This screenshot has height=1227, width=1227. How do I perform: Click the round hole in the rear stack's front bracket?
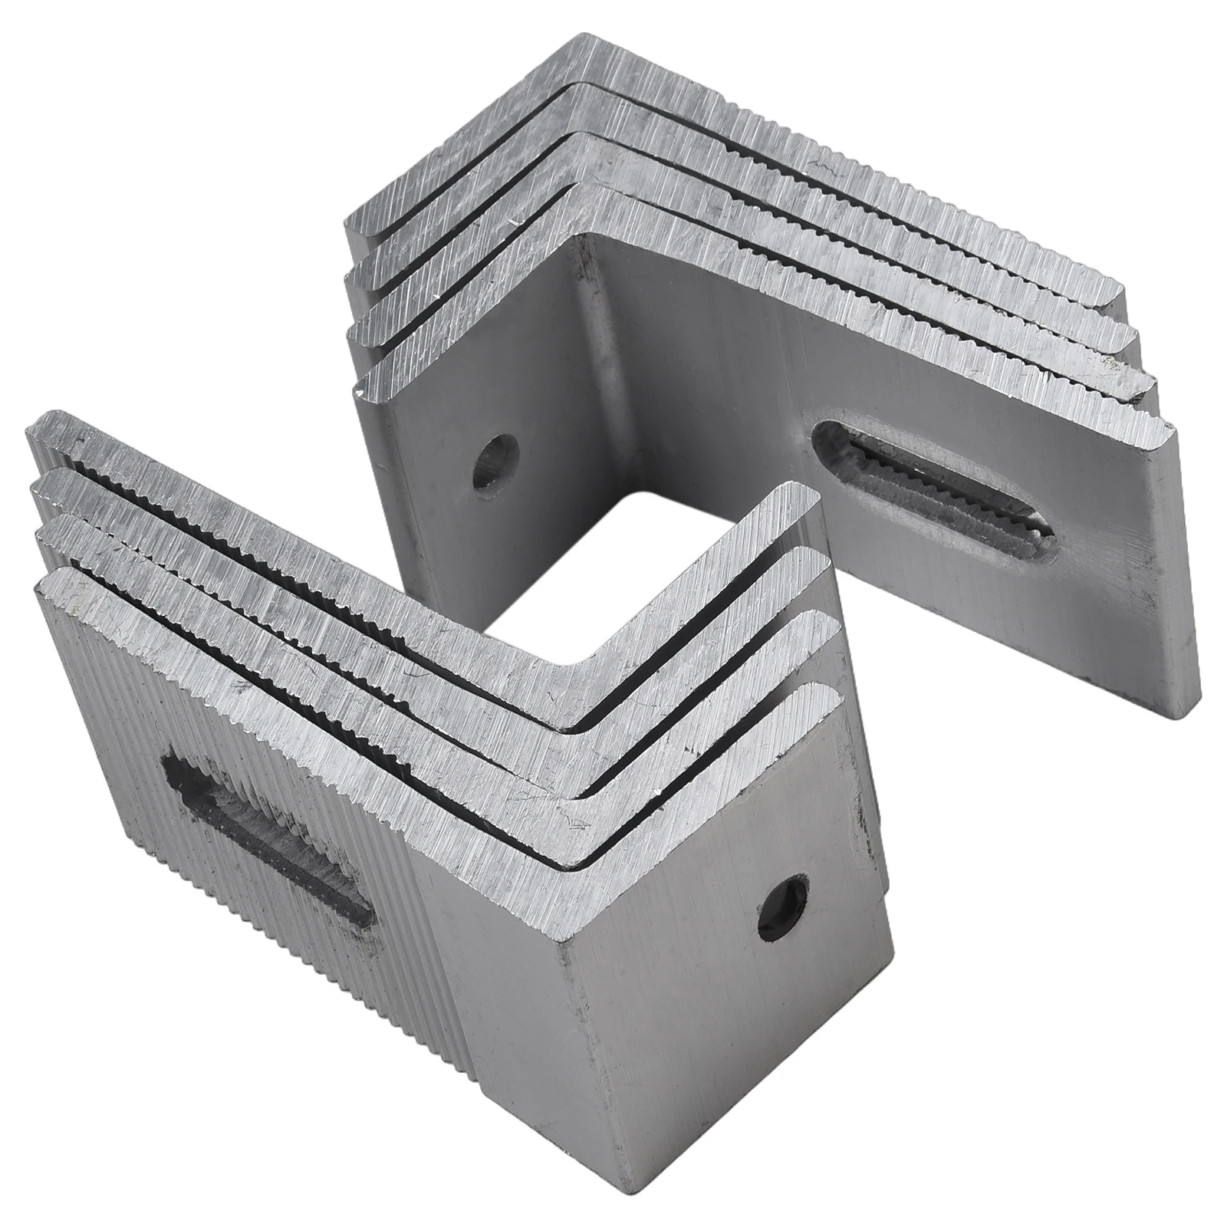pyautogui.click(x=495, y=462)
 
